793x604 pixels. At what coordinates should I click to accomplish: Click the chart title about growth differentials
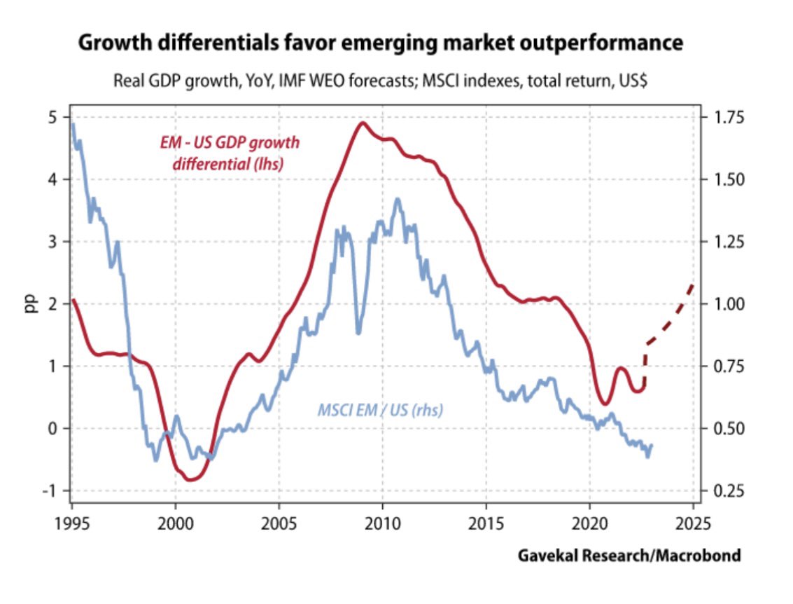pyautogui.click(x=379, y=43)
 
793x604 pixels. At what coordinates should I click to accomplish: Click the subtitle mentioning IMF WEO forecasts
pyautogui.click(x=379, y=79)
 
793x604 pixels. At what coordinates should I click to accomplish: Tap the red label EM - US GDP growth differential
pyautogui.click(x=226, y=153)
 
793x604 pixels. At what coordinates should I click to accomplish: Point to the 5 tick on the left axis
pyautogui.click(x=52, y=117)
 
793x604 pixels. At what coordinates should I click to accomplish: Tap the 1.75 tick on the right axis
pyautogui.click(x=731, y=117)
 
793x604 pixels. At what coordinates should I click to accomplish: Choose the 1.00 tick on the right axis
pyautogui.click(x=731, y=304)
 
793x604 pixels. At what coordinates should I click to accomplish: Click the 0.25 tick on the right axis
pyautogui.click(x=731, y=490)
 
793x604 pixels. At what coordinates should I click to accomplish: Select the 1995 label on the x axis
pyautogui.click(x=72, y=523)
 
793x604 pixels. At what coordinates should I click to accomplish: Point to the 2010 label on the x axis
pyautogui.click(x=382, y=523)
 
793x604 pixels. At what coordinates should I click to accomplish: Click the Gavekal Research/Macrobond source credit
pyautogui.click(x=629, y=556)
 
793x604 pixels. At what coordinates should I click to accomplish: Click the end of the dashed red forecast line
pyautogui.click(x=693, y=284)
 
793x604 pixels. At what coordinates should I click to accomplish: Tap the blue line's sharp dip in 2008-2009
pyautogui.click(x=358, y=332)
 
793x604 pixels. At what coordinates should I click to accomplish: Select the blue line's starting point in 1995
pyautogui.click(x=73, y=125)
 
